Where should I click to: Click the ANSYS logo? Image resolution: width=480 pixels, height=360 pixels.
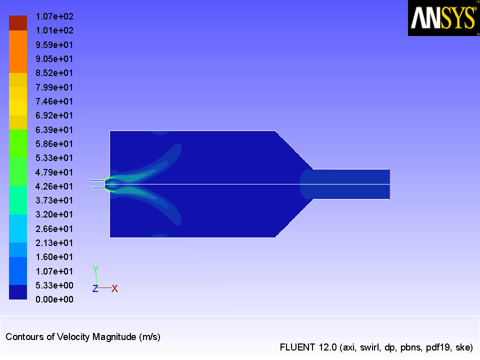click(x=443, y=18)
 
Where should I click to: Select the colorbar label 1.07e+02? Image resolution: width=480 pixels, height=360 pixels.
click(x=54, y=16)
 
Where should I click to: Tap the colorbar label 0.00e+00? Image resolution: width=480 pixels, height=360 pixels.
click(x=54, y=299)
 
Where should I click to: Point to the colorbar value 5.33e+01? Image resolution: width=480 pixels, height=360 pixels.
click(x=54, y=158)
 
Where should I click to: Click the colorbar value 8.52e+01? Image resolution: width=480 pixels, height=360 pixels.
click(x=54, y=73)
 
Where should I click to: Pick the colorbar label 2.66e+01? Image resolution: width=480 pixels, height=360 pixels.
click(x=54, y=228)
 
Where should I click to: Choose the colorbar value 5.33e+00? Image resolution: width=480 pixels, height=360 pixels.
click(x=54, y=285)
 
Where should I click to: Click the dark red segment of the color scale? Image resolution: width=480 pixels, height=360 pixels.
click(x=18, y=23)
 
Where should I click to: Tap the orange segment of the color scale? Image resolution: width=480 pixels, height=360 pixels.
click(x=18, y=51)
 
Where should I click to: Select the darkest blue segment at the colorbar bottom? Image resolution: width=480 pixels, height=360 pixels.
click(x=18, y=292)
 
